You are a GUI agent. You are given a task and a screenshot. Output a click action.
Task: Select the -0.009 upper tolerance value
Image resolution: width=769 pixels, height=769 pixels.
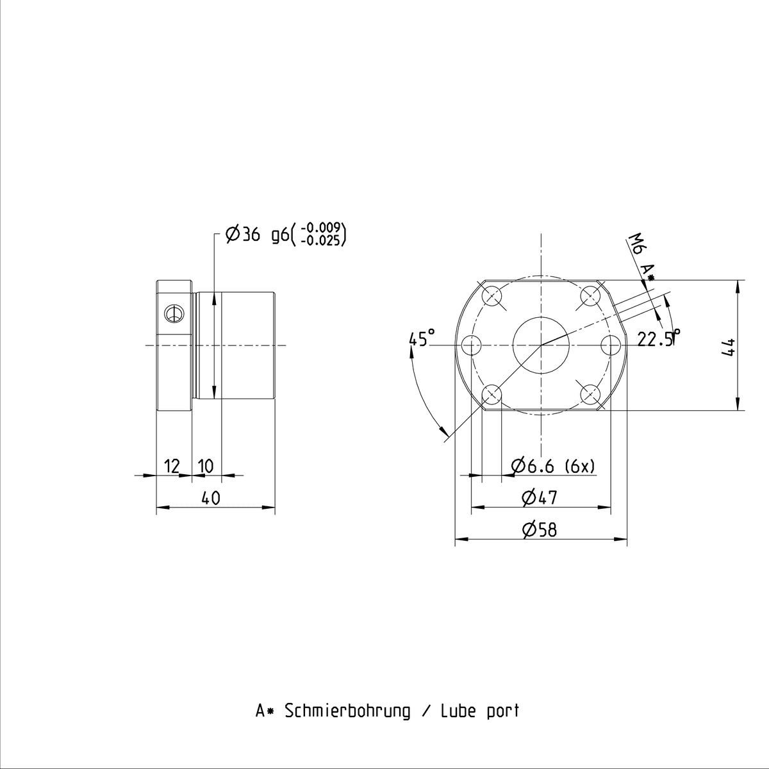click(x=321, y=228)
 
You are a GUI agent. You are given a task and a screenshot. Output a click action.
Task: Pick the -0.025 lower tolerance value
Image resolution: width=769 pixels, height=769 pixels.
click(x=321, y=241)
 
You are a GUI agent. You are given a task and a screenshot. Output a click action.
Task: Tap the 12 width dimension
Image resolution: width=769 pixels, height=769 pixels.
click(x=172, y=466)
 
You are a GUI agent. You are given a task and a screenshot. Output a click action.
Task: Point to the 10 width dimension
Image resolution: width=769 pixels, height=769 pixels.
click(x=206, y=466)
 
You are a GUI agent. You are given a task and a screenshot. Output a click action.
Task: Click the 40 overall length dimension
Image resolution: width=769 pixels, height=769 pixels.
click(x=211, y=498)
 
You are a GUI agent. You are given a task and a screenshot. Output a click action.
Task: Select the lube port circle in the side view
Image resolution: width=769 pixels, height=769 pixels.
click(x=174, y=315)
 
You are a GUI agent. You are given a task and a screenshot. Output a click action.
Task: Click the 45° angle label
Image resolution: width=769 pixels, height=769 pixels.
click(x=422, y=338)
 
